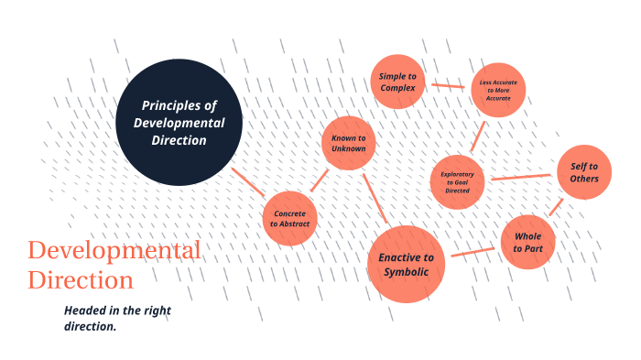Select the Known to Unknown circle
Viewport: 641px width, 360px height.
point(349,143)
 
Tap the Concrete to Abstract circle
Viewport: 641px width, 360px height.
point(290,219)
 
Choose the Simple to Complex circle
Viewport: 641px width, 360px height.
point(397,82)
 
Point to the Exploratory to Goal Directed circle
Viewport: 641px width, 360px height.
point(458,181)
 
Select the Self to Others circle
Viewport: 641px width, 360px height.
point(584,172)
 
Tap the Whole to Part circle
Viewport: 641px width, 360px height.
point(528,242)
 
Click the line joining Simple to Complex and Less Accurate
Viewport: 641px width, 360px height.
point(448,86)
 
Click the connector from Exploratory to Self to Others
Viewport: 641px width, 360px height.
point(522,177)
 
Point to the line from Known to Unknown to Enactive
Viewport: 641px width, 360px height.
point(376,198)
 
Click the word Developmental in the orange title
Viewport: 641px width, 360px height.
point(114,250)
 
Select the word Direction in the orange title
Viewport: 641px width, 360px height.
point(81,279)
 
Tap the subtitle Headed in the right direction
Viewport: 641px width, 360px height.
point(117,319)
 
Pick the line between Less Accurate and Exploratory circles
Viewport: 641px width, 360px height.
point(477,136)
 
